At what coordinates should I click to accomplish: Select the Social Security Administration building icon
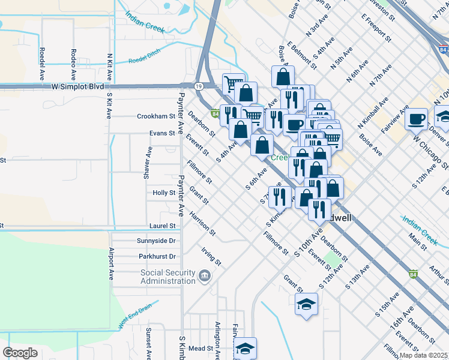pyautogui.click(x=205, y=277)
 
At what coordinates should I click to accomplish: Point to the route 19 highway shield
pyautogui.click(x=199, y=87)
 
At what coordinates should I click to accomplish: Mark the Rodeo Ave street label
pyautogui.click(x=74, y=65)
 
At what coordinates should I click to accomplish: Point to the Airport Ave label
pyautogui.click(x=111, y=265)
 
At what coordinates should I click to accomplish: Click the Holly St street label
pyautogui.click(x=164, y=193)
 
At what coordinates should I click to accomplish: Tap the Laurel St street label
pyautogui.click(x=163, y=226)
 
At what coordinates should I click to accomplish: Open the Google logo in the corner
pyautogui.click(x=20, y=353)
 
